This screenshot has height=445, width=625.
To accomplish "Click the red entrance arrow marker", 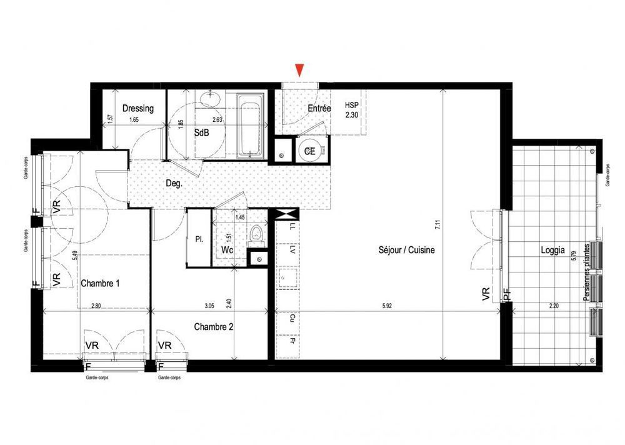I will coord(301,70).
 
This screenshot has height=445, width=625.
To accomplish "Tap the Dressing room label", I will coord(138,108).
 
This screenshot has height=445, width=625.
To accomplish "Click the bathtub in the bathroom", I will coord(251,125).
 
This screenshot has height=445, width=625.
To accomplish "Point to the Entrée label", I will coord(319,108).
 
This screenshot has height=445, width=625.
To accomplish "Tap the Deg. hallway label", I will coord(174,184).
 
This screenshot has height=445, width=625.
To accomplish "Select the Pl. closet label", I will coord(199,239).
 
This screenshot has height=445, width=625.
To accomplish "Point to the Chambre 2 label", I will coord(213,326).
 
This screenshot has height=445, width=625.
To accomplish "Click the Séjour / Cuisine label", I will coord(406,250).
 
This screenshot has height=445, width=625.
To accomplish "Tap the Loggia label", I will coord(553,251).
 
